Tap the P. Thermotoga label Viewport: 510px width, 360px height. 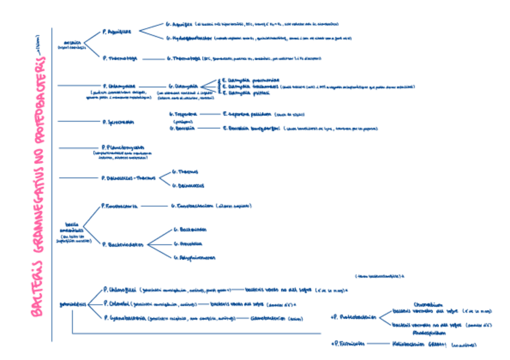(120, 58)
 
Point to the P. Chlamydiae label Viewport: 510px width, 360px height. (119, 86)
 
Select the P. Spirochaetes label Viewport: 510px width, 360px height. (118, 121)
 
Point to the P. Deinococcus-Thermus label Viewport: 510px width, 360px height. (129, 178)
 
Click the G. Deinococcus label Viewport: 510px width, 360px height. (188, 186)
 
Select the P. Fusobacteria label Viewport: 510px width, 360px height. (121, 206)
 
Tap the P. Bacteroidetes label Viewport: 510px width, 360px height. (124, 245)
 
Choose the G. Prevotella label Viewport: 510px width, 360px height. (188, 244)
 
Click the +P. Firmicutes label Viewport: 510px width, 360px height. (346, 344)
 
